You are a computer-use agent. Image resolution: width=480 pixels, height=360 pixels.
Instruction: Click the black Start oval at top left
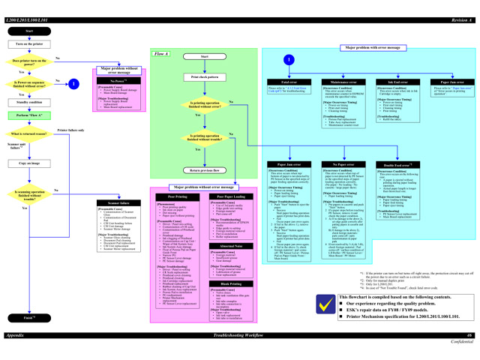tap(29, 31)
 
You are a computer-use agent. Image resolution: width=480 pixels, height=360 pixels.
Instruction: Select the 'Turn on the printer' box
tap(29, 44)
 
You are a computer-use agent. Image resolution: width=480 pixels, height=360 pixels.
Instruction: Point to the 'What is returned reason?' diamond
tap(29, 133)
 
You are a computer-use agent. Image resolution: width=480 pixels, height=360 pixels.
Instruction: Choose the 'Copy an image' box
tap(29, 163)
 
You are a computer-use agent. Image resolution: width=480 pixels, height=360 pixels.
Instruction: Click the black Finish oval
tap(29, 318)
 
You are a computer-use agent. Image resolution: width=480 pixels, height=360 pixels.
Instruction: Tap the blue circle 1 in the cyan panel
tap(289, 59)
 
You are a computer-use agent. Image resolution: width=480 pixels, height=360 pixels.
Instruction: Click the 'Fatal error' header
tap(289, 81)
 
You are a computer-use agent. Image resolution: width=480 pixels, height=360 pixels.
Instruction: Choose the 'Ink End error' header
tap(397, 81)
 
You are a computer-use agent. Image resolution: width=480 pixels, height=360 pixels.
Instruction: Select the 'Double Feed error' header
tap(397, 164)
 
